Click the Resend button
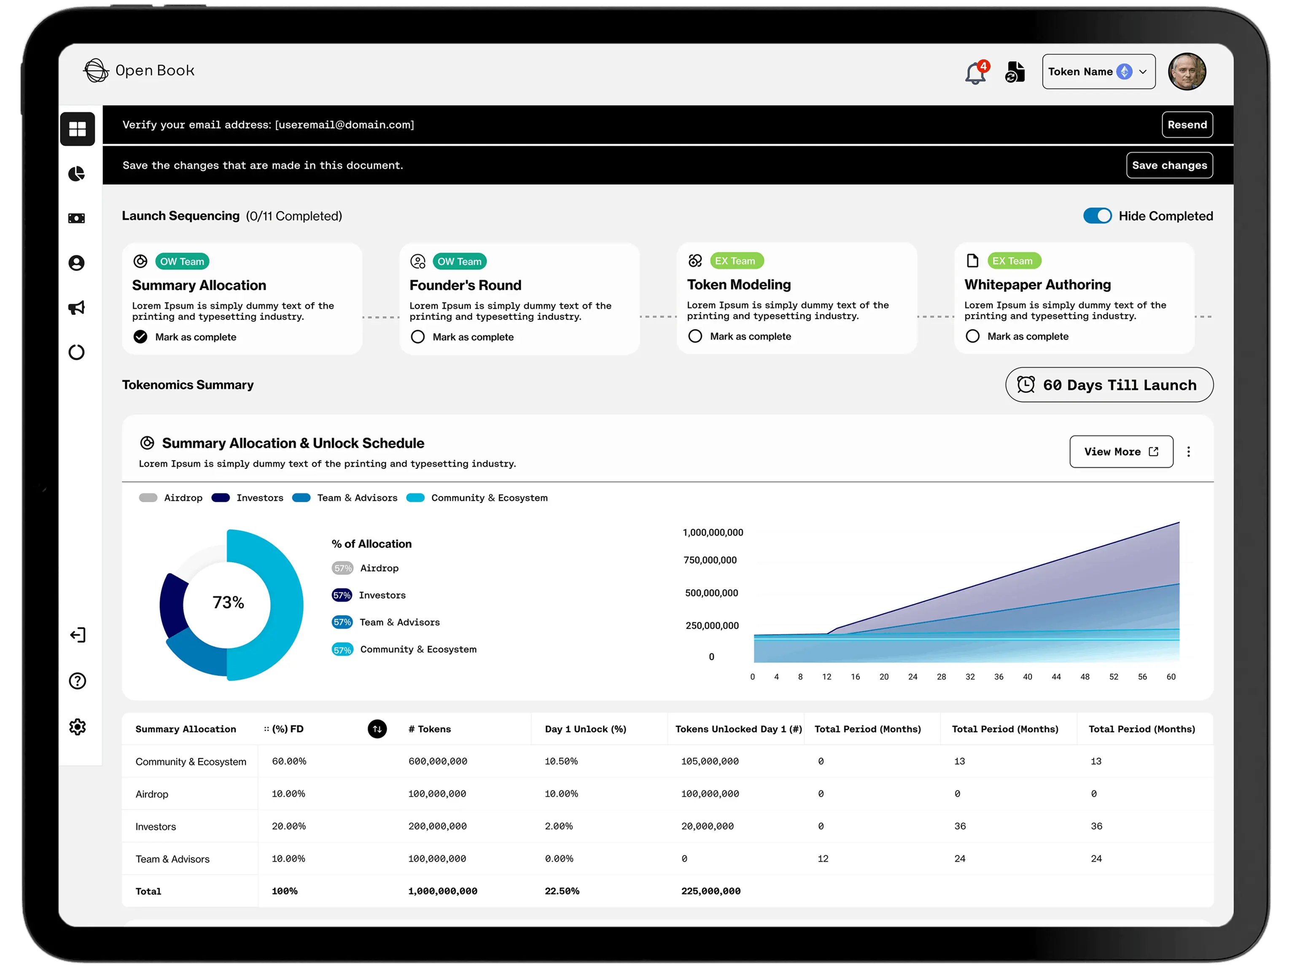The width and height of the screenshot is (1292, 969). [x=1187, y=124]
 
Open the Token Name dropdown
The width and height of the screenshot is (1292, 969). [x=1098, y=71]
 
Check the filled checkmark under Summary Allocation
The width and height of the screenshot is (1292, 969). [x=140, y=336]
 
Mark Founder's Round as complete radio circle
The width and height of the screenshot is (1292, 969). [x=417, y=336]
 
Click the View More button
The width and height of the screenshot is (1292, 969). [x=1121, y=452]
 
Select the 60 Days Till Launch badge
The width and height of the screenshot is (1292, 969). [x=1109, y=385]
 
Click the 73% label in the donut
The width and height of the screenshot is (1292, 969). [x=228, y=602]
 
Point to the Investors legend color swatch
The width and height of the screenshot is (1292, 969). [x=220, y=498]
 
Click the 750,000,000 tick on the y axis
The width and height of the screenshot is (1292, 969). [x=710, y=560]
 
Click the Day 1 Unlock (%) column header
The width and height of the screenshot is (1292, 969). [x=585, y=729]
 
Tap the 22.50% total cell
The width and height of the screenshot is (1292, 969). [x=562, y=891]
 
